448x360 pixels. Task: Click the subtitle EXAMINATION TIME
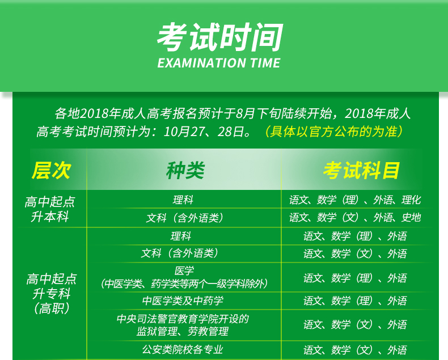tap(219, 63)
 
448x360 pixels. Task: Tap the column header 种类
tap(185, 170)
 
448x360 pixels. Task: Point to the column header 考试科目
tap(361, 170)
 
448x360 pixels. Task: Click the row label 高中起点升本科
tap(50, 209)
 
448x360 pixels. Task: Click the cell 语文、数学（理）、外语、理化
tap(355, 200)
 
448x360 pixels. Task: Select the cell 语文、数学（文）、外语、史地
tap(355, 218)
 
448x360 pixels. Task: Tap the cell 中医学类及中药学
tap(183, 300)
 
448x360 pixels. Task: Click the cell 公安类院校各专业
tap(183, 349)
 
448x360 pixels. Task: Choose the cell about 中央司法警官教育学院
tap(183, 325)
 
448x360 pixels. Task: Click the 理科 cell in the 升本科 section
tap(183, 200)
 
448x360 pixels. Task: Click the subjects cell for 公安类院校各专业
tap(355, 350)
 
